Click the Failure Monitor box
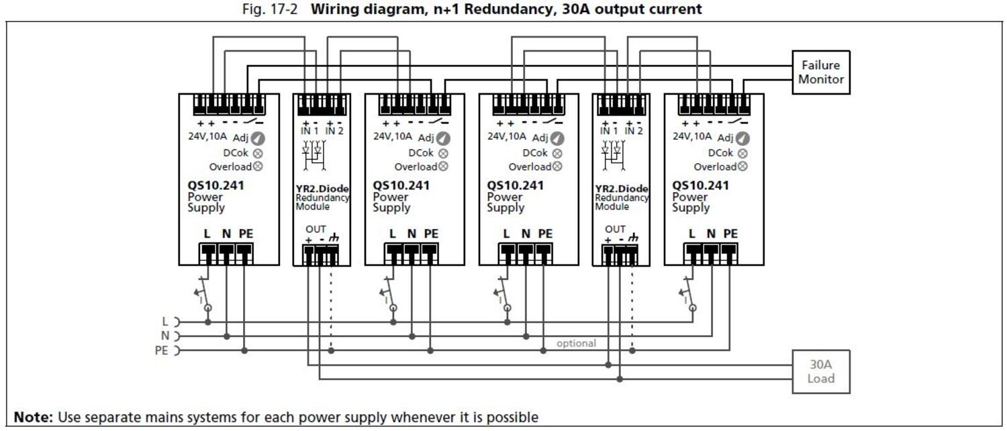click(x=820, y=73)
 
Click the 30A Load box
click(x=820, y=371)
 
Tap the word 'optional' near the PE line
click(x=576, y=343)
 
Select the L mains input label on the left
click(x=166, y=322)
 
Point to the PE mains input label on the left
click(x=162, y=350)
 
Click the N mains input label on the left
click(x=165, y=336)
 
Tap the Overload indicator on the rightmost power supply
click(x=742, y=166)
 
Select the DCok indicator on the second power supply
click(x=443, y=153)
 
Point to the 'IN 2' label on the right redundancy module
click(x=634, y=132)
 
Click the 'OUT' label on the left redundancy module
click(x=316, y=230)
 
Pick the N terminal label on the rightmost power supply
click(x=712, y=234)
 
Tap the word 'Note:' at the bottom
click(x=34, y=418)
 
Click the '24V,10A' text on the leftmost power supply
click(x=207, y=136)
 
